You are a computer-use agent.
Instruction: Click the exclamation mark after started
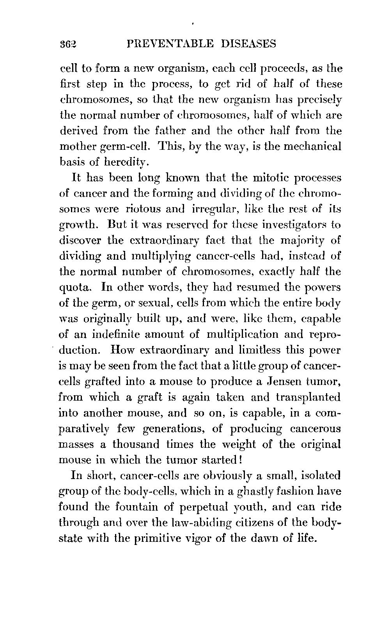click(242, 460)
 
